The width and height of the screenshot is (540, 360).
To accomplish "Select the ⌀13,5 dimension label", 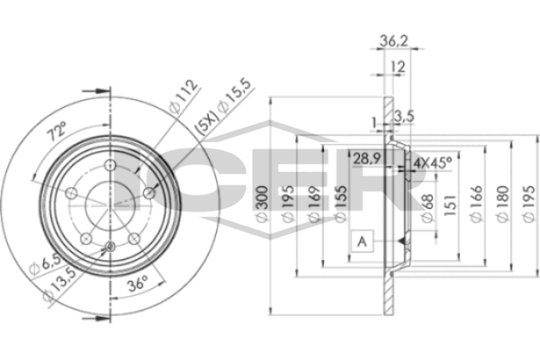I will coord(60,284).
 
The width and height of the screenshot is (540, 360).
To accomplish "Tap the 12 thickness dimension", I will coord(396,67).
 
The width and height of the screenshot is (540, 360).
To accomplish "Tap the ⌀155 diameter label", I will coord(341,206).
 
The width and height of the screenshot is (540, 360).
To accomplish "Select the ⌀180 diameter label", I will coord(503,206).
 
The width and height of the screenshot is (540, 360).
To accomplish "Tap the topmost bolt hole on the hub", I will coord(109,166).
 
